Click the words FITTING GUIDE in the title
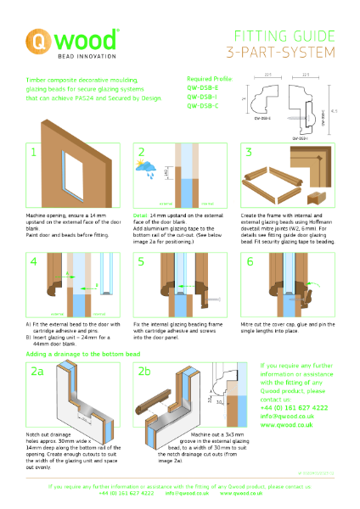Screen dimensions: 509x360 coord(279,36)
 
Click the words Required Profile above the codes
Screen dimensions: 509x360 coord(209,77)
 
